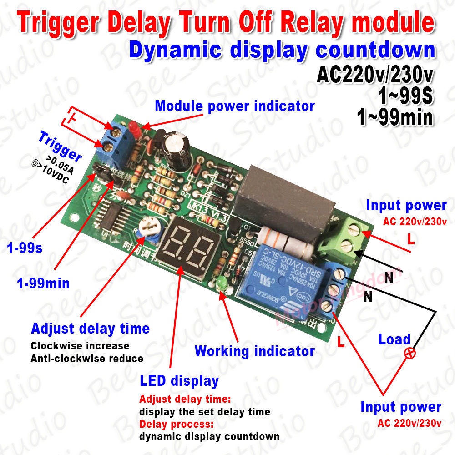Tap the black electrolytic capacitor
pos(175,145)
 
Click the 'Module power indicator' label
pos(234,106)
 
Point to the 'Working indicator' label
pos(254,351)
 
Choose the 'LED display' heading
pos(179,380)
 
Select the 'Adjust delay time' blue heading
pos(90,328)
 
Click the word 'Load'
pos(394,339)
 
